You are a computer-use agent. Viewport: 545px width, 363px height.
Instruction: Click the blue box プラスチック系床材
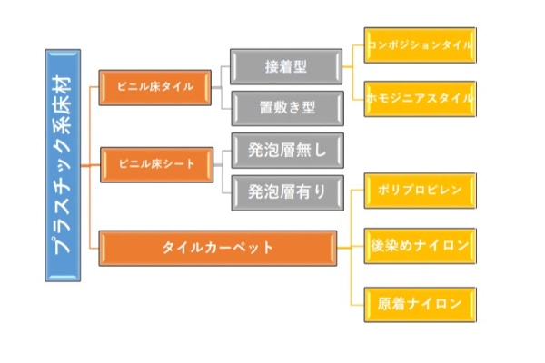(x=62, y=164)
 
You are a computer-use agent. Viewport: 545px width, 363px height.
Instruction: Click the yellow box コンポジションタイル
(x=419, y=44)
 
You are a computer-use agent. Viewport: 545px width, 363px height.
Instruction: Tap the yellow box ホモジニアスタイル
(x=419, y=97)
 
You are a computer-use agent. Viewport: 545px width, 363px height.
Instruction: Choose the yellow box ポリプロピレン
(x=419, y=191)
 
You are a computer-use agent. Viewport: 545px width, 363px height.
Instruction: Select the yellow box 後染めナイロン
(x=419, y=246)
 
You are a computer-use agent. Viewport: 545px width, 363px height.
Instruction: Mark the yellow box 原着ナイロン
(x=419, y=302)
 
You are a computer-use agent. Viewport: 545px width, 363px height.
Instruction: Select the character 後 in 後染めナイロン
(x=377, y=246)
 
